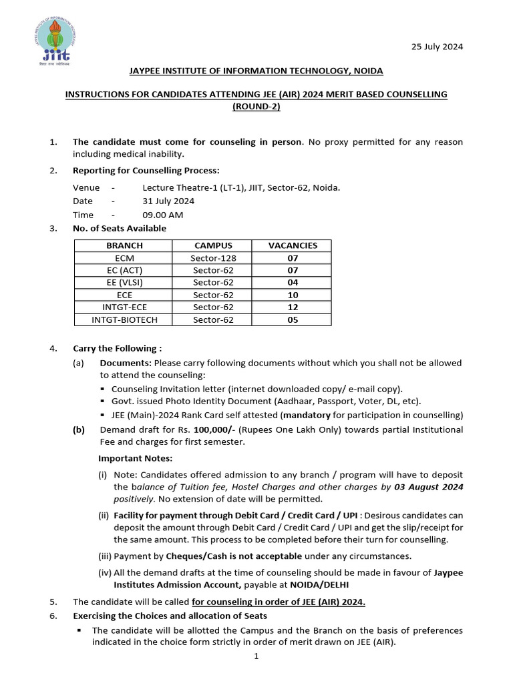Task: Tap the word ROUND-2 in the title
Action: [256, 106]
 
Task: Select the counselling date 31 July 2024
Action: [168, 201]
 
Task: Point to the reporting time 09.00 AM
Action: [162, 215]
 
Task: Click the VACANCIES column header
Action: [293, 245]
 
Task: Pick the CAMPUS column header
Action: [213, 245]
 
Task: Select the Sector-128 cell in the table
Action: [213, 258]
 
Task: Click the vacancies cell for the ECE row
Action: [293, 295]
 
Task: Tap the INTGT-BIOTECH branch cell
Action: [125, 319]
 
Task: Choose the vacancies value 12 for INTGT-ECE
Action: [293, 307]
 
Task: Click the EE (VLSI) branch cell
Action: [125, 282]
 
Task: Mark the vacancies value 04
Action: [293, 282]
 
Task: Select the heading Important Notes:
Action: [135, 458]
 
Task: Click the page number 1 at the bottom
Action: [256, 656]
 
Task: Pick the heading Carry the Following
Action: [117, 348]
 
